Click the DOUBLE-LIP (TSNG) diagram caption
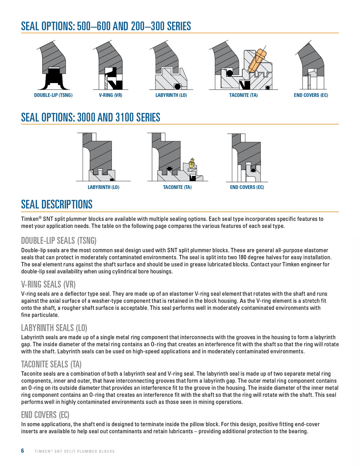click(54, 95)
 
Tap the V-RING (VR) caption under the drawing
click(111, 95)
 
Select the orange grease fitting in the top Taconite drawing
click(257, 60)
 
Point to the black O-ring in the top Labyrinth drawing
click(177, 86)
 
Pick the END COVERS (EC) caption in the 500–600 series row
click(311, 95)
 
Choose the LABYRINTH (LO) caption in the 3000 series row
click(104, 187)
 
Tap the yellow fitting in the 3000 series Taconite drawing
click(192, 163)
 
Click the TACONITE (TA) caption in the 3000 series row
click(177, 187)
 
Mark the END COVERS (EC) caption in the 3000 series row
click(247, 187)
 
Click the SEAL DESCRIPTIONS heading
click(57, 204)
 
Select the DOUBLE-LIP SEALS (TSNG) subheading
click(59, 241)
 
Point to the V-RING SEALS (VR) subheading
click(48, 284)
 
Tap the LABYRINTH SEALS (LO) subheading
click(54, 328)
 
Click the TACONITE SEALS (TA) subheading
click(51, 364)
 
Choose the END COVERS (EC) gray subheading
click(45, 415)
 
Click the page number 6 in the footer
click(23, 451)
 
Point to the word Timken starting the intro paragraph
click(30, 219)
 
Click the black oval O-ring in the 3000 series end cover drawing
click(253, 171)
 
